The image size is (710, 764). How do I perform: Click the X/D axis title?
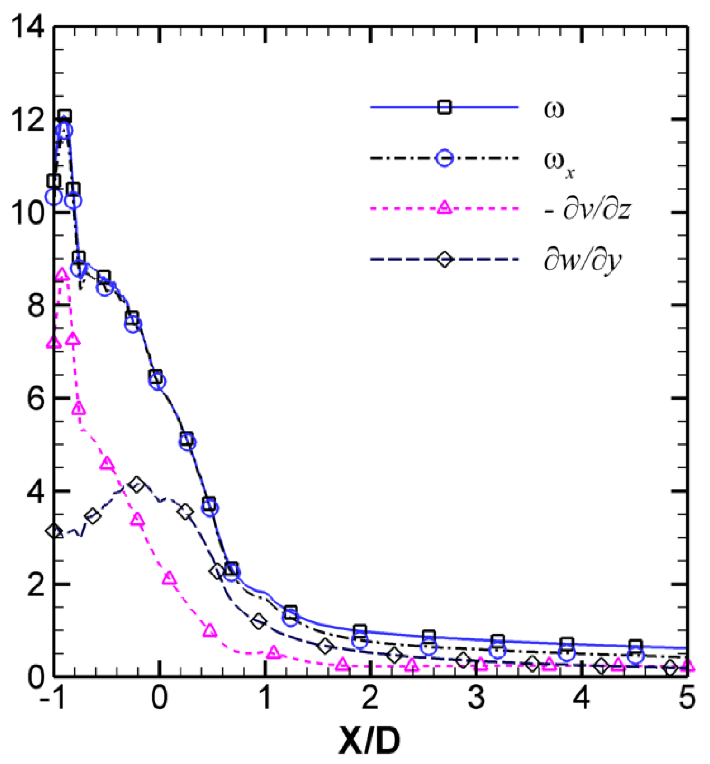coord(369,741)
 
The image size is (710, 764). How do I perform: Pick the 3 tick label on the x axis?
coord(476,698)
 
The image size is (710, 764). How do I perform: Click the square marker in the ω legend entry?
coord(444,108)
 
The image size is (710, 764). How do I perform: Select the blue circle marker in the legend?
coord(444,158)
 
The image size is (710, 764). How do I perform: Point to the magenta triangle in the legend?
coord(444,207)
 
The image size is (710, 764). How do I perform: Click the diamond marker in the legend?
coord(444,259)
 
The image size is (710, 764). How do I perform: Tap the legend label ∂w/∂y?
coord(582,261)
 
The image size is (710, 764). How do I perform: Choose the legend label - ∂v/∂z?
coord(587,209)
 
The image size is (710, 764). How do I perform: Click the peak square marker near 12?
coord(65,116)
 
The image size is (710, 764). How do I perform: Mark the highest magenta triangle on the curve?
coord(61,274)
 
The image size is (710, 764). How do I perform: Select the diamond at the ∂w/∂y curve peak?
coord(137,485)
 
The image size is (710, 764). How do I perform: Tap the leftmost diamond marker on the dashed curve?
coord(54,531)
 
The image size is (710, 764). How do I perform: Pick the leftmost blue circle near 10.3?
coord(54,196)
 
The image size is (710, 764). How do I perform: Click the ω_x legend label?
coord(558,162)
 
